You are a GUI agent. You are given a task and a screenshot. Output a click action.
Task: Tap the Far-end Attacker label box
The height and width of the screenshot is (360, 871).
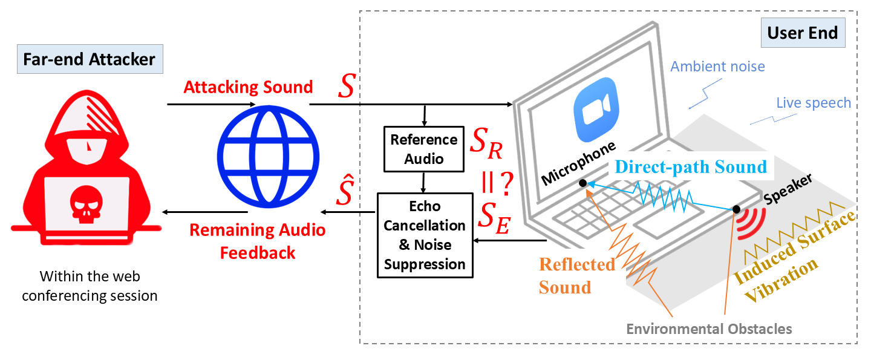pyautogui.click(x=89, y=59)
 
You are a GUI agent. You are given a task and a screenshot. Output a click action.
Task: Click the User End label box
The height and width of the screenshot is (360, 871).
pyautogui.click(x=802, y=33)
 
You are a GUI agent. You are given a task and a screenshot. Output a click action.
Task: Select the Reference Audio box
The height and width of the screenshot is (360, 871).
pyautogui.click(x=423, y=149)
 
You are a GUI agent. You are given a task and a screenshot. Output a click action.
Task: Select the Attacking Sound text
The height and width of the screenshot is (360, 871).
pyautogui.click(x=248, y=87)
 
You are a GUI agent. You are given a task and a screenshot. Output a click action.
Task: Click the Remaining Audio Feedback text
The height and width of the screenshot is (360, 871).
pyautogui.click(x=257, y=241)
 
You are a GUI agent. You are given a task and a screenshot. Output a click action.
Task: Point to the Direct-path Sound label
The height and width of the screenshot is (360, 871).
pyautogui.click(x=692, y=166)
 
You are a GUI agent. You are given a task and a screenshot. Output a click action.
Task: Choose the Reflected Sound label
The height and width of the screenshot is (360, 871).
pyautogui.click(x=576, y=275)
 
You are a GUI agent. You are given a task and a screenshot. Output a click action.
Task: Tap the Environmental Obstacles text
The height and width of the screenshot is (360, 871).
pyautogui.click(x=708, y=329)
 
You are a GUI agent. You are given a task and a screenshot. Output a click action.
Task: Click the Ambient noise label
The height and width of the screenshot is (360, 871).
pyautogui.click(x=717, y=67)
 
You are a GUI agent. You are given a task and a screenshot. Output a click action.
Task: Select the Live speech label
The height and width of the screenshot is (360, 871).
pyautogui.click(x=814, y=103)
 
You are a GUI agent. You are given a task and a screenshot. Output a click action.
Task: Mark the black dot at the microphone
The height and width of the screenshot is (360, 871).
pyautogui.click(x=582, y=183)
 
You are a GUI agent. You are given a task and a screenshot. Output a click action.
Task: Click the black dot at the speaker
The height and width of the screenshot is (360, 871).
pyautogui.click(x=737, y=209)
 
